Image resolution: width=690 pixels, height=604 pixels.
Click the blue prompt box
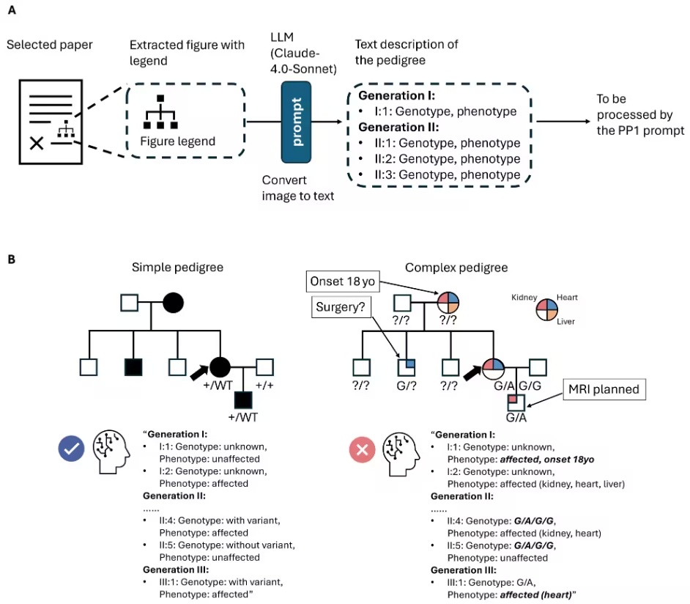click(296, 122)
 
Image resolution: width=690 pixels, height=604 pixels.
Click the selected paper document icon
click(51, 122)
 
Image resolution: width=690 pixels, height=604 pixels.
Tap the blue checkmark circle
click(71, 449)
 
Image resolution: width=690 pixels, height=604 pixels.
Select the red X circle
click(362, 449)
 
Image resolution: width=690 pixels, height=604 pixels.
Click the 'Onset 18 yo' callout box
click(342, 281)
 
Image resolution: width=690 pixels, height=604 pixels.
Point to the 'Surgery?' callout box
click(341, 307)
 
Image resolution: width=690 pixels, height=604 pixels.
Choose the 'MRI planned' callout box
click(604, 389)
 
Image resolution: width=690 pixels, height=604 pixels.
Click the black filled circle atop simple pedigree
click(173, 303)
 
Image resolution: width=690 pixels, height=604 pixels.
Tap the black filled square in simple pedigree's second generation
click(133, 367)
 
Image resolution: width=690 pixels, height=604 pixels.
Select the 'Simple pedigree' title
click(177, 268)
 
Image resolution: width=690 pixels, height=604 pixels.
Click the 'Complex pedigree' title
click(456, 268)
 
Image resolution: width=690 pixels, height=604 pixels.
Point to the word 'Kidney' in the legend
click(524, 298)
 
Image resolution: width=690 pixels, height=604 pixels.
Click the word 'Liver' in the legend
click(565, 321)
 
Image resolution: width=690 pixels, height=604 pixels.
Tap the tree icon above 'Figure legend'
click(160, 112)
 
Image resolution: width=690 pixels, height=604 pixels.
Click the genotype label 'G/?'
click(407, 386)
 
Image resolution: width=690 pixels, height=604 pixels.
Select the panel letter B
click(12, 259)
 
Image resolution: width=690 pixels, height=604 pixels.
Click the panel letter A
click(12, 10)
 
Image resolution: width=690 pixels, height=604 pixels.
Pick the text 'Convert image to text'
click(298, 188)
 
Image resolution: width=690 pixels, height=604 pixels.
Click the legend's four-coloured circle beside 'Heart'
click(547, 310)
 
